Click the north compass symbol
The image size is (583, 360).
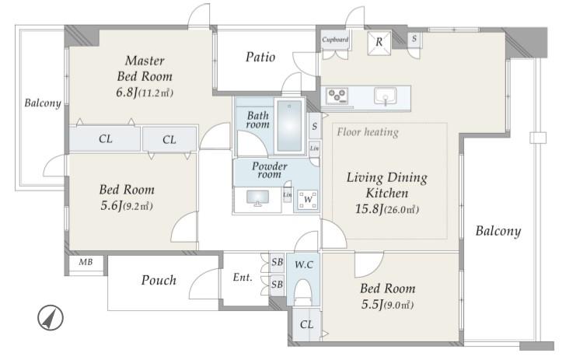tap(51, 318)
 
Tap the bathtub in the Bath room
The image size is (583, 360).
tap(289, 126)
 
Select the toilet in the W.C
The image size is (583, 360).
tap(302, 292)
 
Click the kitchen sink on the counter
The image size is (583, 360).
tap(386, 96)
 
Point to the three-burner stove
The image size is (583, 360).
tap(337, 95)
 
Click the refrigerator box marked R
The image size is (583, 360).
tap(379, 43)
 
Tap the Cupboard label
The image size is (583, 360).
tap(335, 40)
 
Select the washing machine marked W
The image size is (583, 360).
tap(308, 200)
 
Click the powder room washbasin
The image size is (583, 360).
tap(257, 197)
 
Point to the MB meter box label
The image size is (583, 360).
tap(86, 262)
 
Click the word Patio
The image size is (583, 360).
tap(260, 57)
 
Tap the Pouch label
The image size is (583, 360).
tap(159, 280)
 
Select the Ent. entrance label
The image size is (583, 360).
tap(243, 278)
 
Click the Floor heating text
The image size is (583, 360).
tap(368, 132)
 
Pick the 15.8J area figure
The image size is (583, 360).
tap(369, 209)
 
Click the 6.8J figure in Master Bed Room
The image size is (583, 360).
tap(127, 93)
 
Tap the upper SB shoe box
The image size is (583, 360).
tap(277, 262)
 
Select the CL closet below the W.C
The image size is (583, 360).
tap(306, 325)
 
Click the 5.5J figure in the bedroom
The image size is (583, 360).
tap(372, 305)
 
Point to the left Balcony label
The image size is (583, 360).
tap(43, 103)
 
